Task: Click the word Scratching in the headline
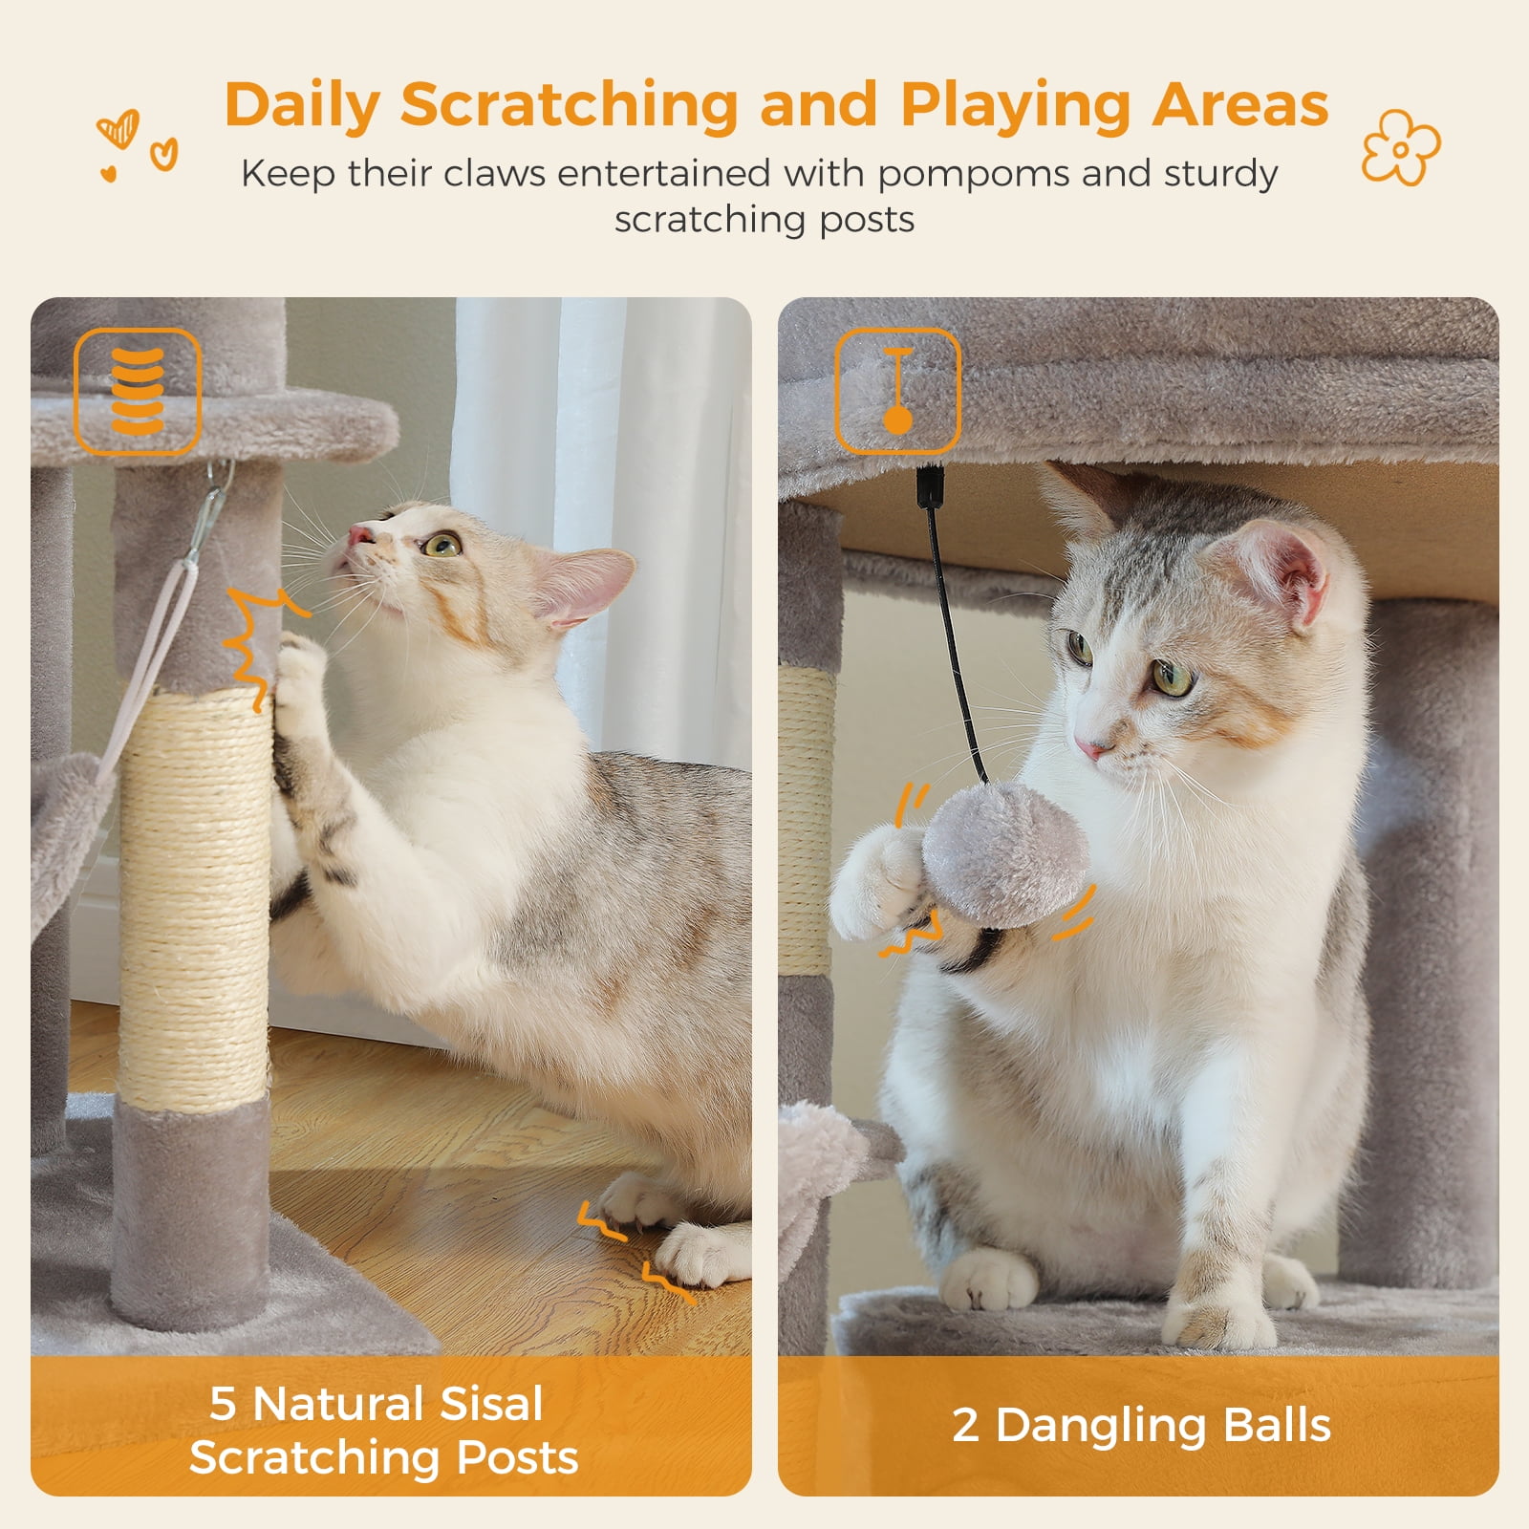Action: pos(569,105)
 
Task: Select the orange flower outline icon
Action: pos(1400,147)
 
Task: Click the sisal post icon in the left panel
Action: pos(138,391)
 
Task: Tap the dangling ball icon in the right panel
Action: pos(897,391)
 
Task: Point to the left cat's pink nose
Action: pos(358,533)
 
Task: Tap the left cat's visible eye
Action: pos(441,546)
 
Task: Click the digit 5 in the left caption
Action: pos(222,1404)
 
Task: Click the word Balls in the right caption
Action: pos(1277,1426)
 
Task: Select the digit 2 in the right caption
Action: pos(965,1426)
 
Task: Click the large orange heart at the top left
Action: pos(118,128)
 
